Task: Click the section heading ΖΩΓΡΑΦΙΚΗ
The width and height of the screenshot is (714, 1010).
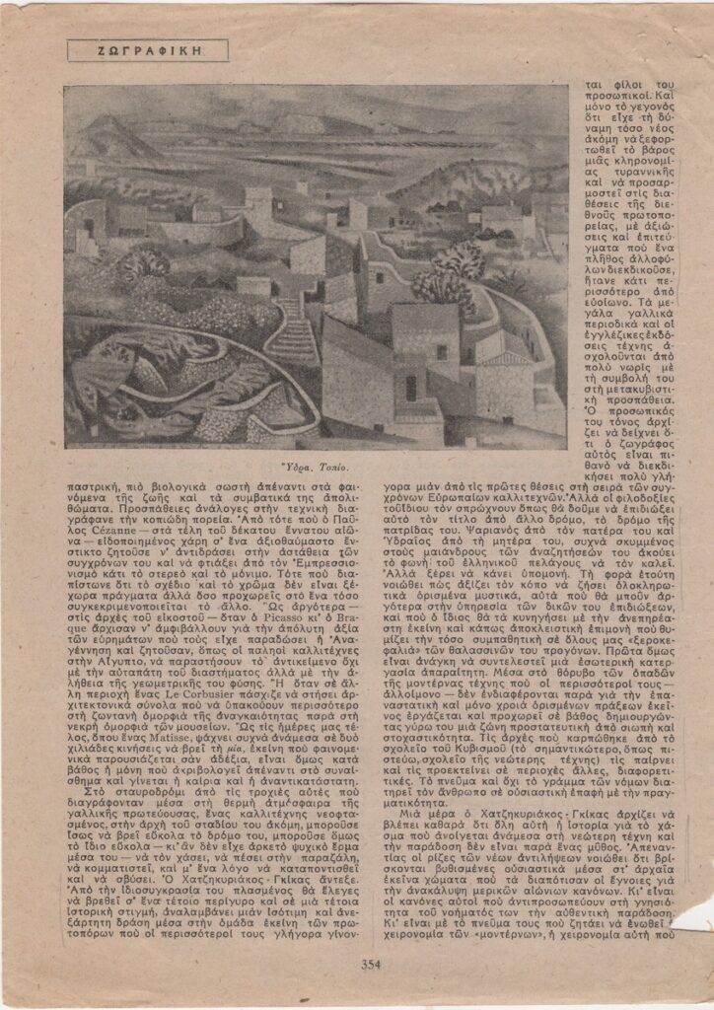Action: tap(148, 50)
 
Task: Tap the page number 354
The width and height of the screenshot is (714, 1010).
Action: tap(371, 965)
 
